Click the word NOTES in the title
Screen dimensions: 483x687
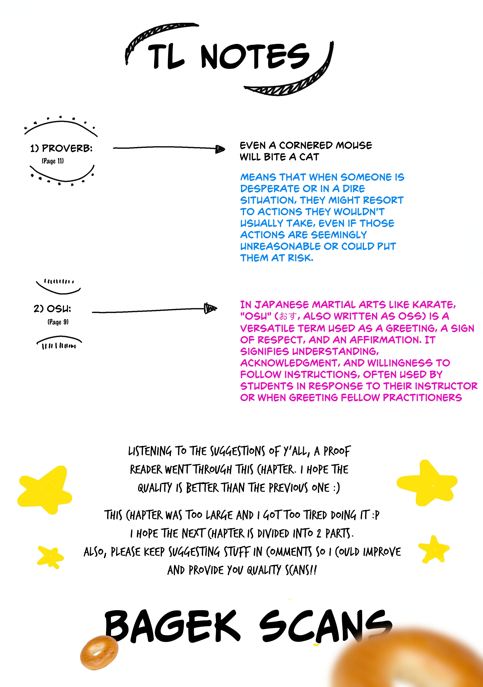(255, 56)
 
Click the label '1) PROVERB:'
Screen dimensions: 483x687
(61, 148)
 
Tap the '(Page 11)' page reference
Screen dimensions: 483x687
(53, 161)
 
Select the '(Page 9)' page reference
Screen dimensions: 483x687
(58, 322)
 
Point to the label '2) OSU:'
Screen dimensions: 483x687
(52, 309)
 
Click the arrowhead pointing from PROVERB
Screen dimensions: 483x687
(220, 149)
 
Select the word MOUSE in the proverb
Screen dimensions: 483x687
(354, 145)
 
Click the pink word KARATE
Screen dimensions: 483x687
(434, 305)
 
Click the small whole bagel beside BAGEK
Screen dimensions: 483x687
(99, 653)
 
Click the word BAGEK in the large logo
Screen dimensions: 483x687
(172, 626)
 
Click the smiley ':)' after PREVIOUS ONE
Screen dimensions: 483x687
(337, 488)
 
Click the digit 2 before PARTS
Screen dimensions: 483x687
(319, 533)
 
